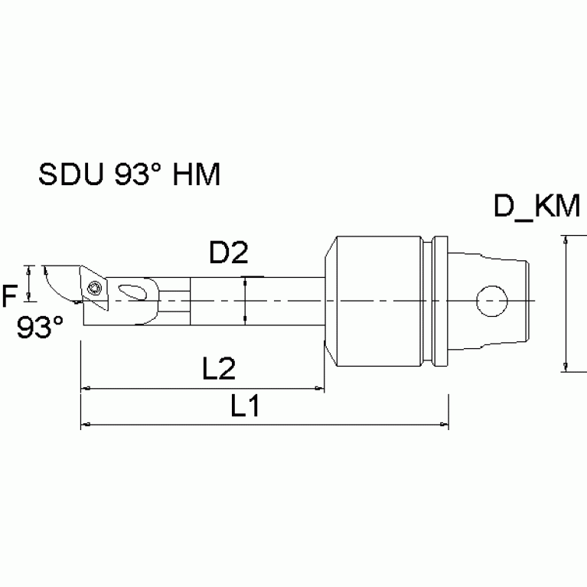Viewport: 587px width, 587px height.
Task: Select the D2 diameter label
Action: pyautogui.click(x=229, y=253)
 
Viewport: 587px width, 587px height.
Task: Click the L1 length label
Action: pyautogui.click(x=244, y=406)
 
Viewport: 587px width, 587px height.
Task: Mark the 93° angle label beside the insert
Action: pyautogui.click(x=39, y=328)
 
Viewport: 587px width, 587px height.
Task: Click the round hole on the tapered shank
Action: pyautogui.click(x=491, y=301)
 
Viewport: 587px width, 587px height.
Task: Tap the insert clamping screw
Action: pyautogui.click(x=95, y=289)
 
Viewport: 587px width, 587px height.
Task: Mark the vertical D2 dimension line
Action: pyautogui.click(x=245, y=301)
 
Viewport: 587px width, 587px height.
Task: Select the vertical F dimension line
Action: pyautogui.click(x=29, y=284)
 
